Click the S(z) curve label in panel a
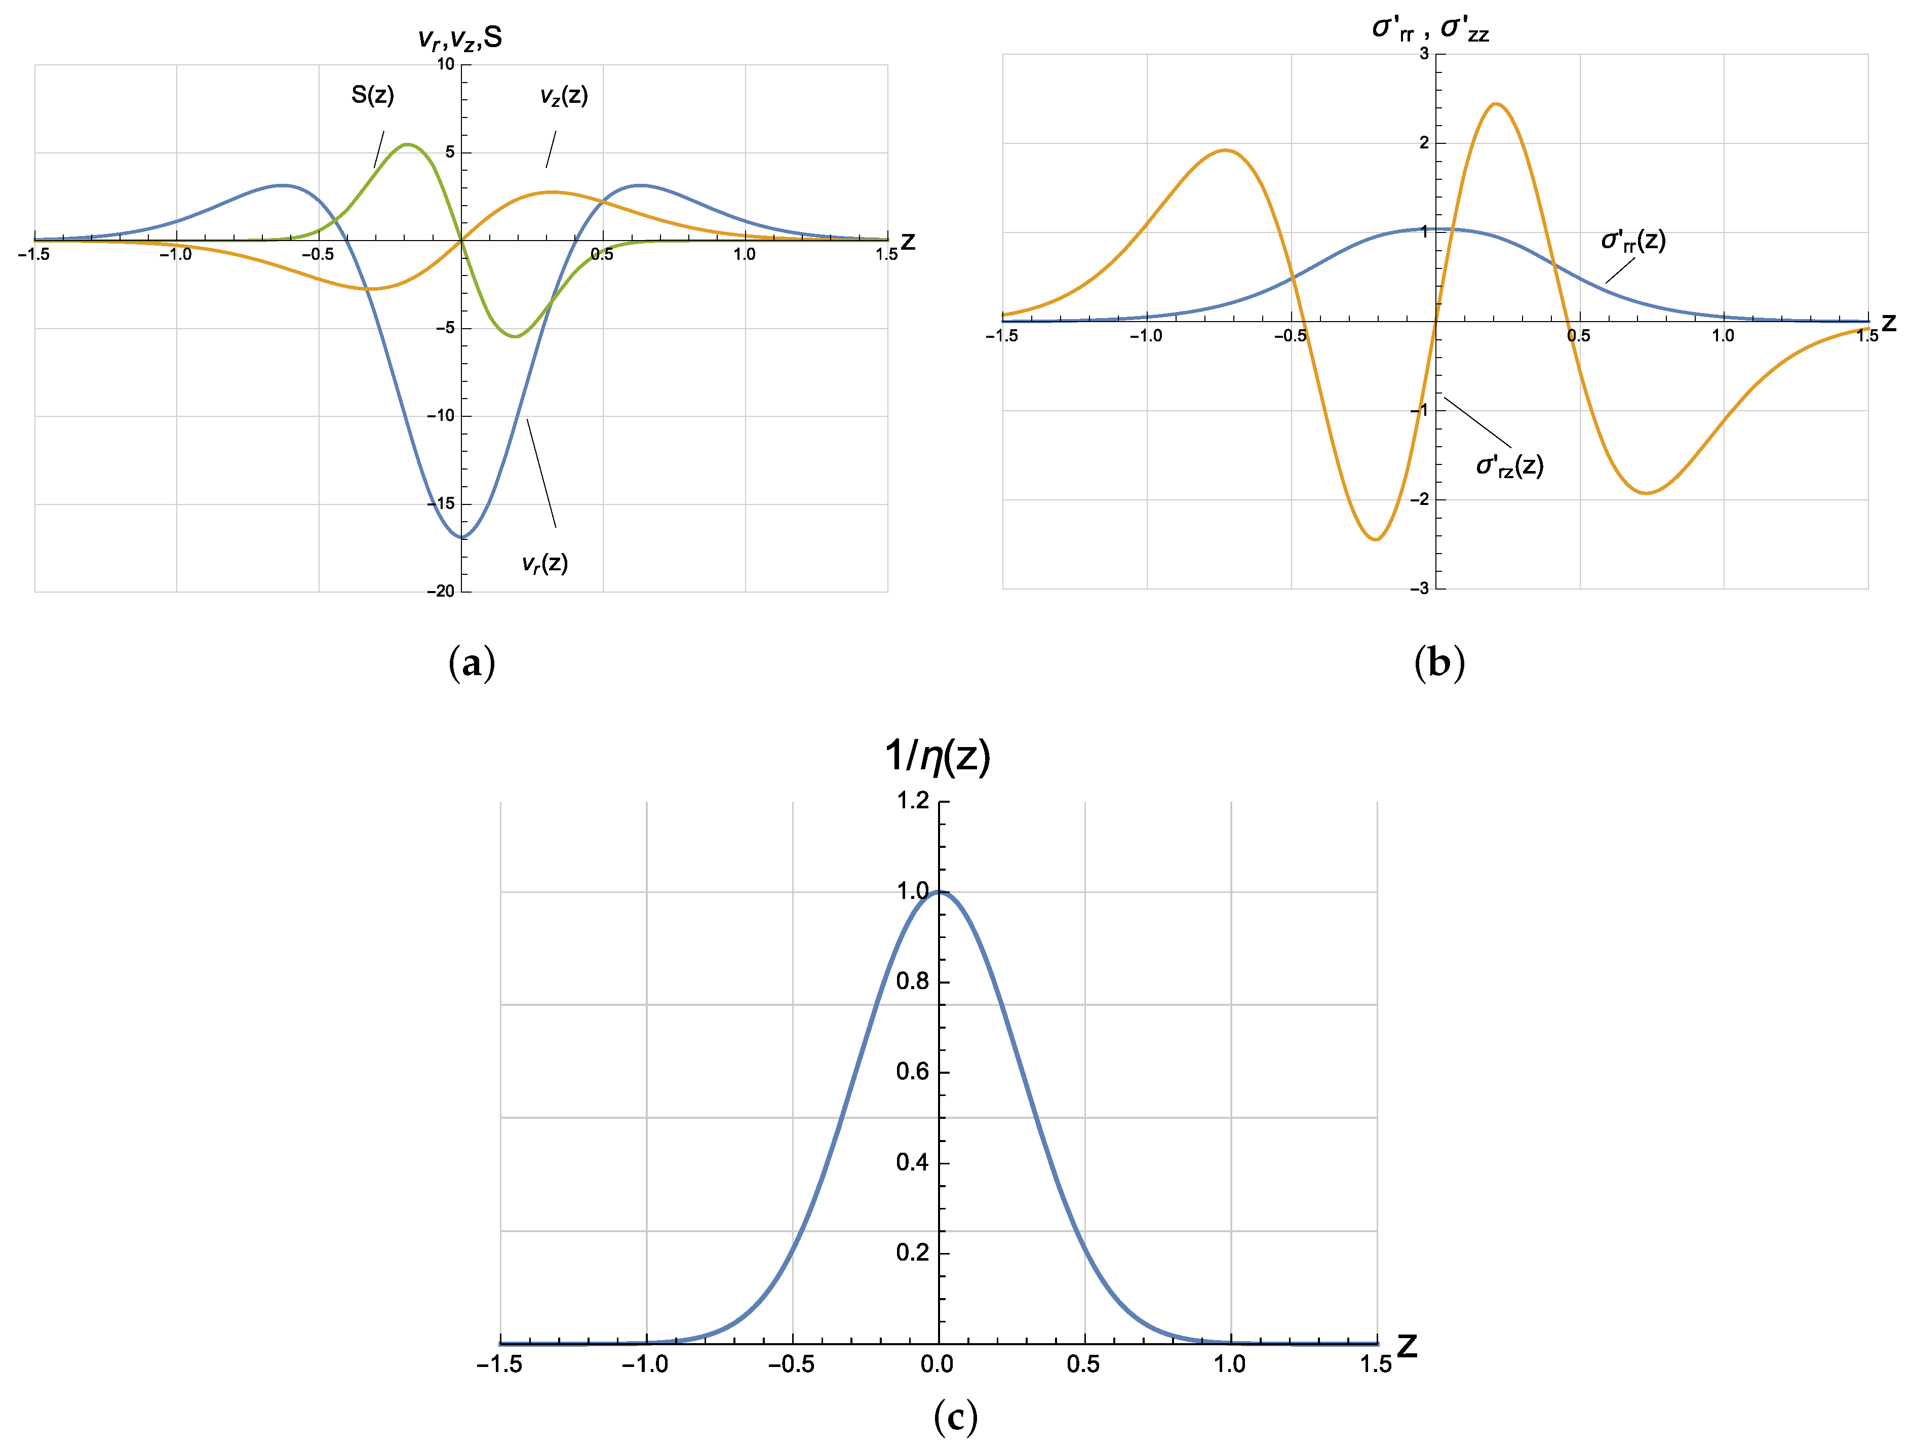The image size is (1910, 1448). click(x=372, y=95)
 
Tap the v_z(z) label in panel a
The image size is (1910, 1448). click(x=564, y=95)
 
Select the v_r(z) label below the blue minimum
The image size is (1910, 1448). click(x=545, y=564)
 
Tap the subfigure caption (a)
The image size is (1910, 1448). click(x=472, y=663)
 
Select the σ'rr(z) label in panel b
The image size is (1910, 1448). click(x=1633, y=240)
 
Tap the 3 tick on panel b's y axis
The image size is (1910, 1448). click(x=1424, y=54)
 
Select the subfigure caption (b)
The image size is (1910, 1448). click(x=1439, y=663)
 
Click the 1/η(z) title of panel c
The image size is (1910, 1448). click(x=937, y=756)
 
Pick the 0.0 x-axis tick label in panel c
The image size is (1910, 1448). click(x=937, y=1364)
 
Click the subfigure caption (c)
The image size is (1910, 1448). click(x=955, y=1417)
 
